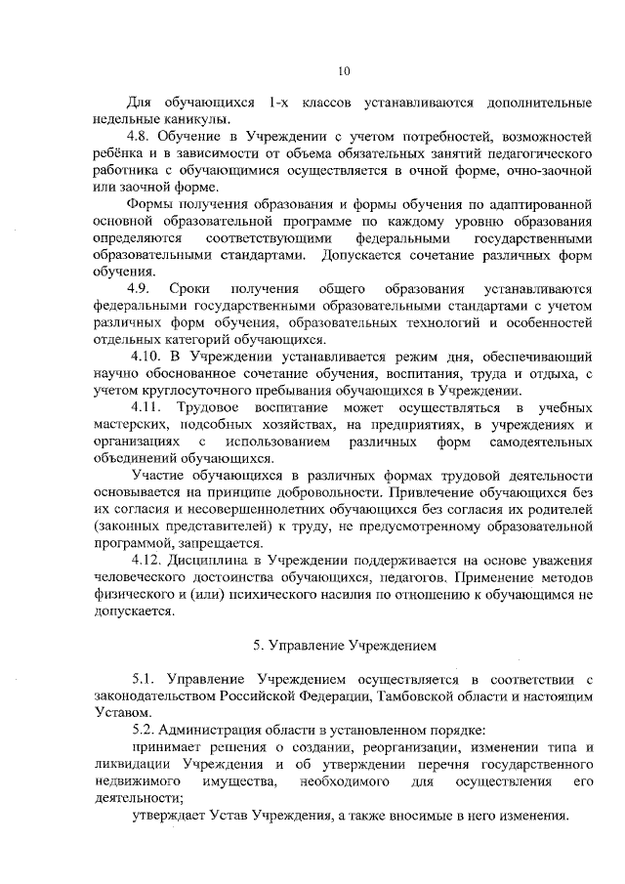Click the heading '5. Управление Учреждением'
tap(343, 646)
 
